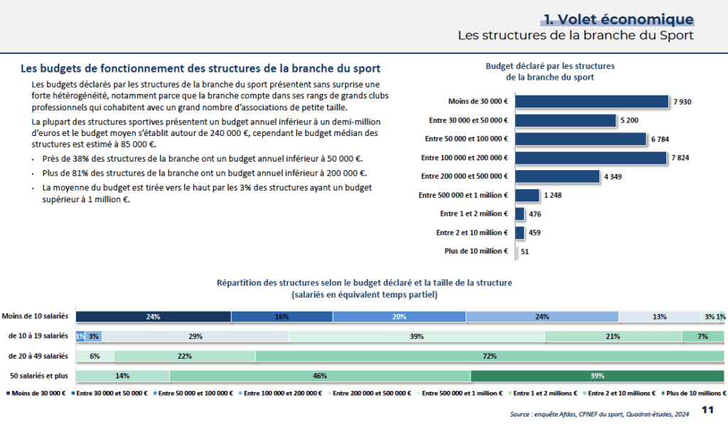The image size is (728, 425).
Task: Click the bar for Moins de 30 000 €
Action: click(x=591, y=102)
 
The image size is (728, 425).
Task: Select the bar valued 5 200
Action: click(x=565, y=120)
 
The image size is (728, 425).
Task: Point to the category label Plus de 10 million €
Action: click(x=476, y=251)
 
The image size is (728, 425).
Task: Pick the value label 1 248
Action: click(x=554, y=195)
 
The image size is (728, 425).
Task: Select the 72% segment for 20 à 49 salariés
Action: click(x=489, y=356)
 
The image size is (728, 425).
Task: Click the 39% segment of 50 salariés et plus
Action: click(x=597, y=376)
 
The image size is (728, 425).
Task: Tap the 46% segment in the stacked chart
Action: click(x=320, y=376)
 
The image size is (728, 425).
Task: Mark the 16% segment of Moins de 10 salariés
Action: click(x=282, y=316)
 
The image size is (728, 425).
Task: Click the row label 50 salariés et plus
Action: click(x=39, y=375)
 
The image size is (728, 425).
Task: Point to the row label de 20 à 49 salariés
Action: click(x=38, y=355)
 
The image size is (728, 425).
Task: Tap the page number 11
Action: click(x=707, y=409)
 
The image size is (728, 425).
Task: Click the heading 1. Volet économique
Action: click(x=618, y=19)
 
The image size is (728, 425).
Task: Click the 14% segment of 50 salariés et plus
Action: click(x=122, y=376)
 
